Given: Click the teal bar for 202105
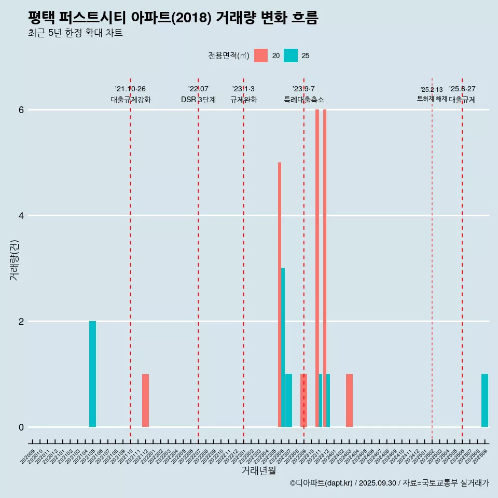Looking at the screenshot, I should coord(92,374).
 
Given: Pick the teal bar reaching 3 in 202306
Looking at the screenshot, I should coord(283,348).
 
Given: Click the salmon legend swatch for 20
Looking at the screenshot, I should coord(261,56).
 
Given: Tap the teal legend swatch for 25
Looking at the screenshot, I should coord(290,56).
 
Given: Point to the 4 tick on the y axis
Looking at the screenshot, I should coord(21,215).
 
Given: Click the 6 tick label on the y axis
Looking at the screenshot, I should coord(21,110).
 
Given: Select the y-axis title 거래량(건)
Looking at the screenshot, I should coord(14,260).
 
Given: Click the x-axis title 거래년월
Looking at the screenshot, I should coord(258,471).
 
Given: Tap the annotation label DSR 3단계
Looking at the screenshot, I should coord(198,100).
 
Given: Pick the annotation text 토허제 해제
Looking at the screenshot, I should coord(432,99).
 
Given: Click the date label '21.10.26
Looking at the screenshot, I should coord(130,89).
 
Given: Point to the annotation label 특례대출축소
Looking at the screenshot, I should coord(303,100).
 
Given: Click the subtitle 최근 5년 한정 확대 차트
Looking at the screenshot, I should coord(75,33).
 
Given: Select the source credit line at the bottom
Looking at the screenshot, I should coord(389,483).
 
